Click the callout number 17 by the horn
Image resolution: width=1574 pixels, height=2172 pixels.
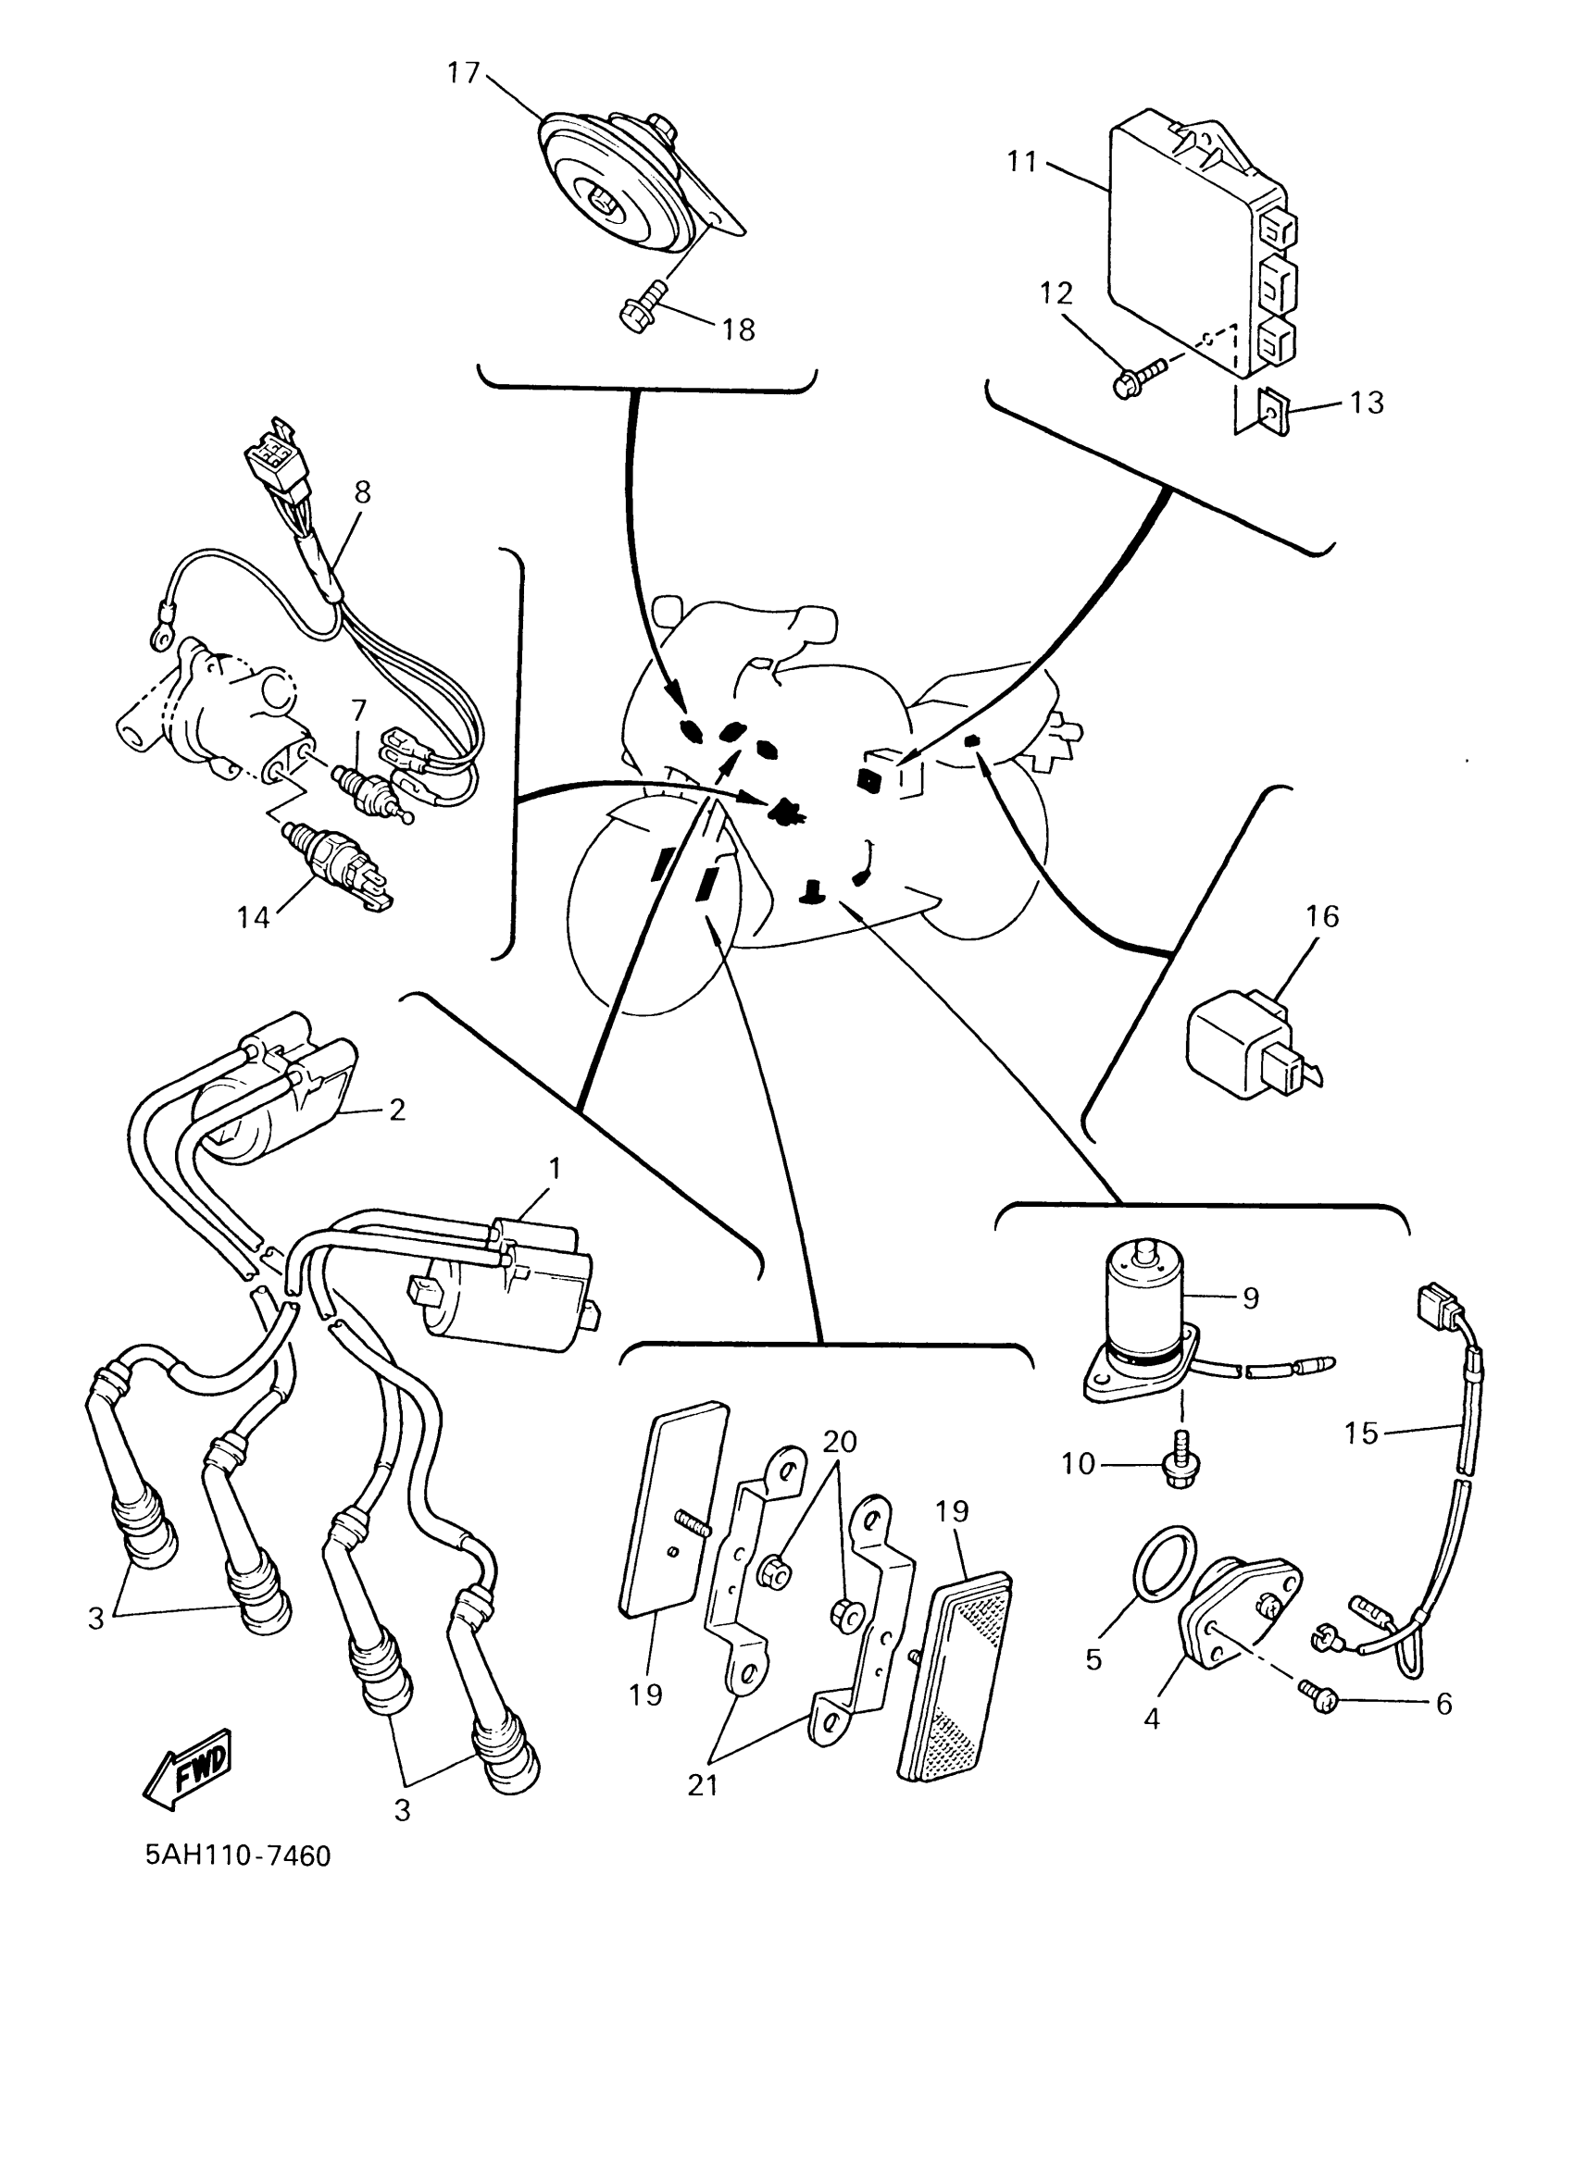click(464, 74)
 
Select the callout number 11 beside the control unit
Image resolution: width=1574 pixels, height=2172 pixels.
click(1022, 163)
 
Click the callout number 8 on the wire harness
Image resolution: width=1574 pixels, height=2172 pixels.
click(362, 492)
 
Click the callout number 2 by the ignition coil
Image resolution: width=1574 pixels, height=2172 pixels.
click(396, 1110)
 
